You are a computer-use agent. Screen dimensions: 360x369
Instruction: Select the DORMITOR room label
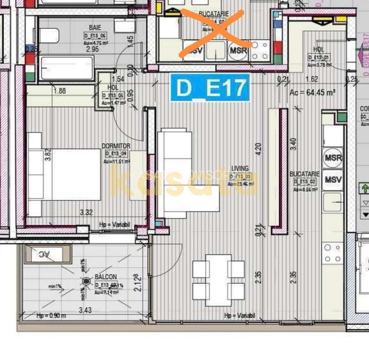coord(116,146)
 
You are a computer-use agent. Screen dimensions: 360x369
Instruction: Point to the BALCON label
coord(106,276)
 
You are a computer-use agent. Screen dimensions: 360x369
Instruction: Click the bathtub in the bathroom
coord(67,68)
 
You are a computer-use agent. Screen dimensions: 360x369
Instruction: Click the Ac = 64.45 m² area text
coord(313,92)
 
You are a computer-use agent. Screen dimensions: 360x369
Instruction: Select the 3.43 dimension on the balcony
coord(85,310)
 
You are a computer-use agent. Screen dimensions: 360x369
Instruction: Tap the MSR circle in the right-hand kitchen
coord(333,157)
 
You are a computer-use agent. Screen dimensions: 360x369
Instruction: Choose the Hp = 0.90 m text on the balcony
coord(51,316)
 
